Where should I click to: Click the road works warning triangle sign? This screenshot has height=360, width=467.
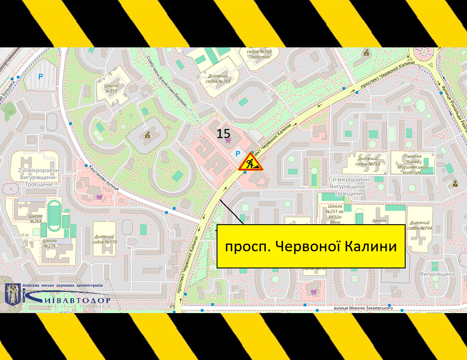tap(251, 162)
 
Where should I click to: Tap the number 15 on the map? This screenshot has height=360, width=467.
tap(223, 134)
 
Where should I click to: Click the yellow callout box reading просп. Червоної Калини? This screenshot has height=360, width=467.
tap(311, 246)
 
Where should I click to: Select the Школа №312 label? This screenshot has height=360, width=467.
tap(111, 88)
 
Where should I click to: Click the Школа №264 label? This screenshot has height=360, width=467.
tap(35, 218)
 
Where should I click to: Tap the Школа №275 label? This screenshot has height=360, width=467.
tap(50, 243)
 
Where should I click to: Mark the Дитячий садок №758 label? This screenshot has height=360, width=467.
tap(368, 161)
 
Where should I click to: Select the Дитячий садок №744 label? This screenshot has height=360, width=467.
tap(420, 225)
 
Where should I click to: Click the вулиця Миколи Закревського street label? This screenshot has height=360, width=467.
tap(363, 308)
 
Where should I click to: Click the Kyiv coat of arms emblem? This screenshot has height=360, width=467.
tap(13, 295)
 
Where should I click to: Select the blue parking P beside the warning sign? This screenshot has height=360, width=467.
tap(238, 154)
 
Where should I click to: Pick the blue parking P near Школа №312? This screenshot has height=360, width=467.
tap(41, 77)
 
